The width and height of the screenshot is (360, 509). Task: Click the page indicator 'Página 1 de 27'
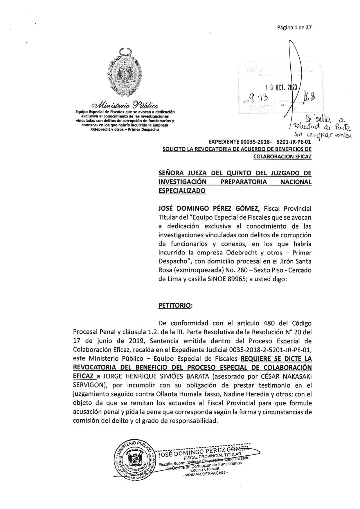pyautogui.click(x=294, y=28)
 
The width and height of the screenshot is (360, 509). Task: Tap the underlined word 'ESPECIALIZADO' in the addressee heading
pyautogui.click(x=182, y=191)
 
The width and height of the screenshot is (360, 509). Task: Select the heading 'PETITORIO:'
pyautogui.click(x=175, y=305)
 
